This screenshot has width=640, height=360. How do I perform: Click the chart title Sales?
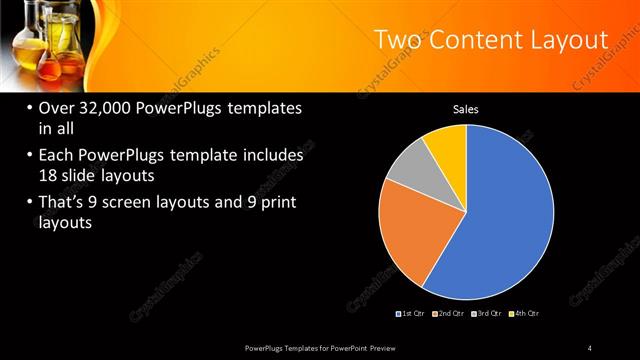(x=467, y=109)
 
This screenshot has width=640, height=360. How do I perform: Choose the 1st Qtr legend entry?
(x=412, y=314)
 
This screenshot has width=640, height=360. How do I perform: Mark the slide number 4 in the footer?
(x=590, y=347)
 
